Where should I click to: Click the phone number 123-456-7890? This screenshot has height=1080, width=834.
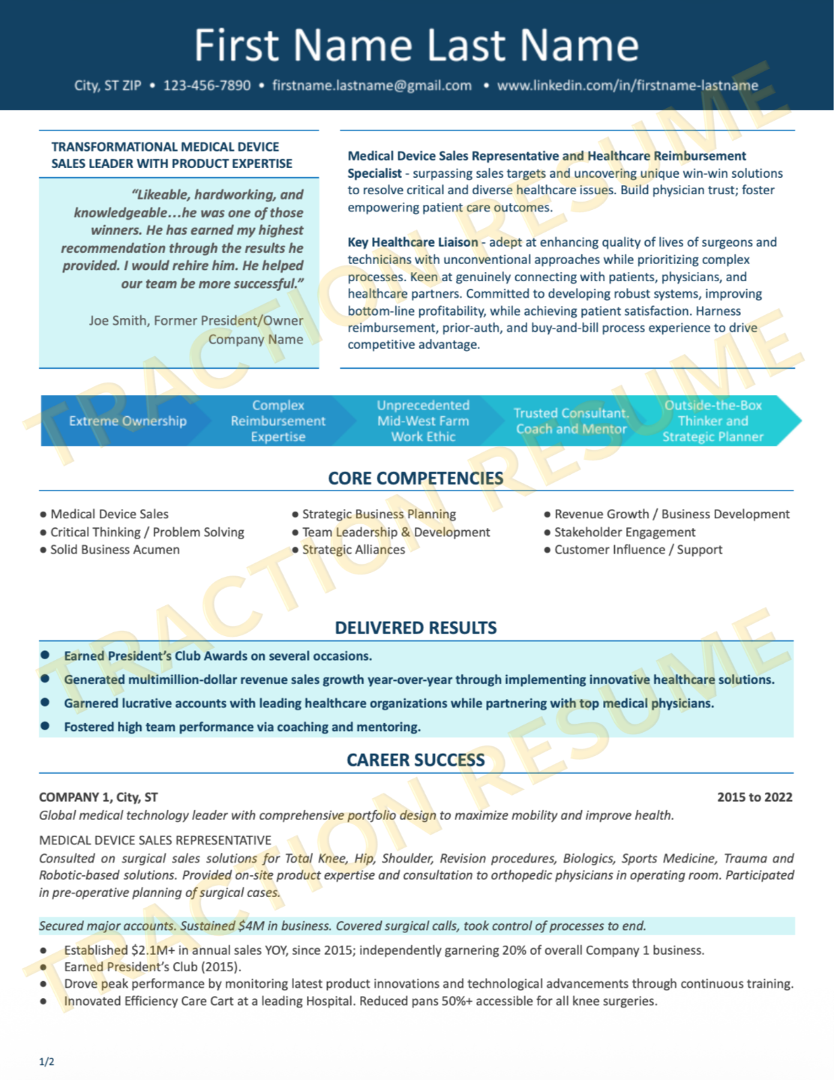[207, 85]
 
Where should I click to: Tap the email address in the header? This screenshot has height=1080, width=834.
[372, 85]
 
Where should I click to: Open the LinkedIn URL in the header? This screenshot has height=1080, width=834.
[627, 85]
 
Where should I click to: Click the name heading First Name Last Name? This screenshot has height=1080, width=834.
[416, 45]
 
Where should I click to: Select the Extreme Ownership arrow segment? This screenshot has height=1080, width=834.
[127, 421]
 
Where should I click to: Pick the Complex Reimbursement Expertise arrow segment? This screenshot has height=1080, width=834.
[278, 421]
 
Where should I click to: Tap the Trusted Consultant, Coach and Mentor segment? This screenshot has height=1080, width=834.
[571, 421]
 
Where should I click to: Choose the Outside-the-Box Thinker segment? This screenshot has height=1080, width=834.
[712, 421]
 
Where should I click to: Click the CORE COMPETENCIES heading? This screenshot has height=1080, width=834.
[415, 478]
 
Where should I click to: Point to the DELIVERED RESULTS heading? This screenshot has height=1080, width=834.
[415, 628]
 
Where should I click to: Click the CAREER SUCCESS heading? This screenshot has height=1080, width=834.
[415, 760]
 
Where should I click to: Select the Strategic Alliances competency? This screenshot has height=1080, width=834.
[353, 550]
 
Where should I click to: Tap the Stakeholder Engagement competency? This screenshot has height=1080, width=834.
[625, 532]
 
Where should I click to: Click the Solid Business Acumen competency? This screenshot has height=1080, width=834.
[115, 550]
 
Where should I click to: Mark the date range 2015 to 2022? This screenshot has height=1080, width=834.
[754, 797]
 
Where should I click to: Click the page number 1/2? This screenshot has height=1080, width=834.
[46, 1061]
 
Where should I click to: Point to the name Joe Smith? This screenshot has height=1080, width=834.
[118, 321]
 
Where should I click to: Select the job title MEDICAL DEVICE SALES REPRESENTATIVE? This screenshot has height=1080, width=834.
[155, 840]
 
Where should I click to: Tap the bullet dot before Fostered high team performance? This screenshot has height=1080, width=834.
[45, 726]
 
